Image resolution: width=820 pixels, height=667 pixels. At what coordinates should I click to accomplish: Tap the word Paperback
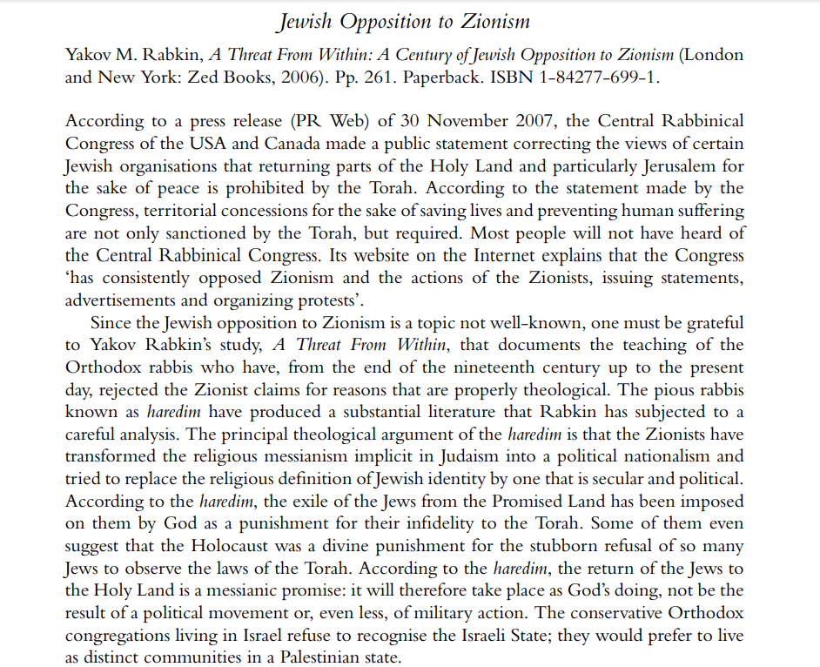tap(462, 77)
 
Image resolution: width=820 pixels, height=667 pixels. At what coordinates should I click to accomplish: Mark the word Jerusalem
tap(639, 165)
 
